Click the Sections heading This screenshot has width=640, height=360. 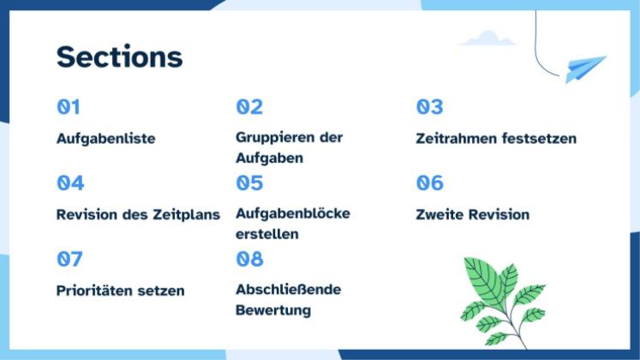click(x=119, y=57)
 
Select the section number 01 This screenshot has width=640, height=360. click(x=69, y=107)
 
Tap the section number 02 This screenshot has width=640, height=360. click(x=249, y=107)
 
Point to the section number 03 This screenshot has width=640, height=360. click(x=429, y=107)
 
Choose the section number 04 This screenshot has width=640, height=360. click(x=70, y=183)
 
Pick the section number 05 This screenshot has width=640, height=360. click(x=249, y=183)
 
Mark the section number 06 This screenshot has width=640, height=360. click(x=429, y=183)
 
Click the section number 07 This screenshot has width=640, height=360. click(x=69, y=258)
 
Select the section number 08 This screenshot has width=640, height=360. click(x=249, y=258)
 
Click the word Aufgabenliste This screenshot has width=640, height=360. click(x=106, y=139)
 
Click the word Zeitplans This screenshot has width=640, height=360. click(x=186, y=214)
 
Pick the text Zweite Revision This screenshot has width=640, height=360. click(x=472, y=214)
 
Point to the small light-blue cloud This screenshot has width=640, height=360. click(x=488, y=39)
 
